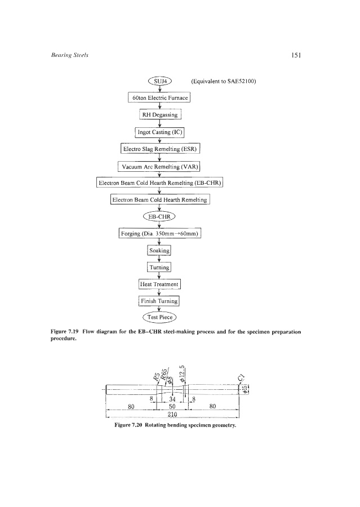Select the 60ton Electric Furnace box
coord(160,98)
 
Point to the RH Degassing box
coord(160,115)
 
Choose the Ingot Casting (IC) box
coord(160,132)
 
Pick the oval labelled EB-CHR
coord(160,216)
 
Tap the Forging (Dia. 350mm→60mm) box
coord(160,233)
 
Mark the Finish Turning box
coord(160,300)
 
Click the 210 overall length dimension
coord(174,414)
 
